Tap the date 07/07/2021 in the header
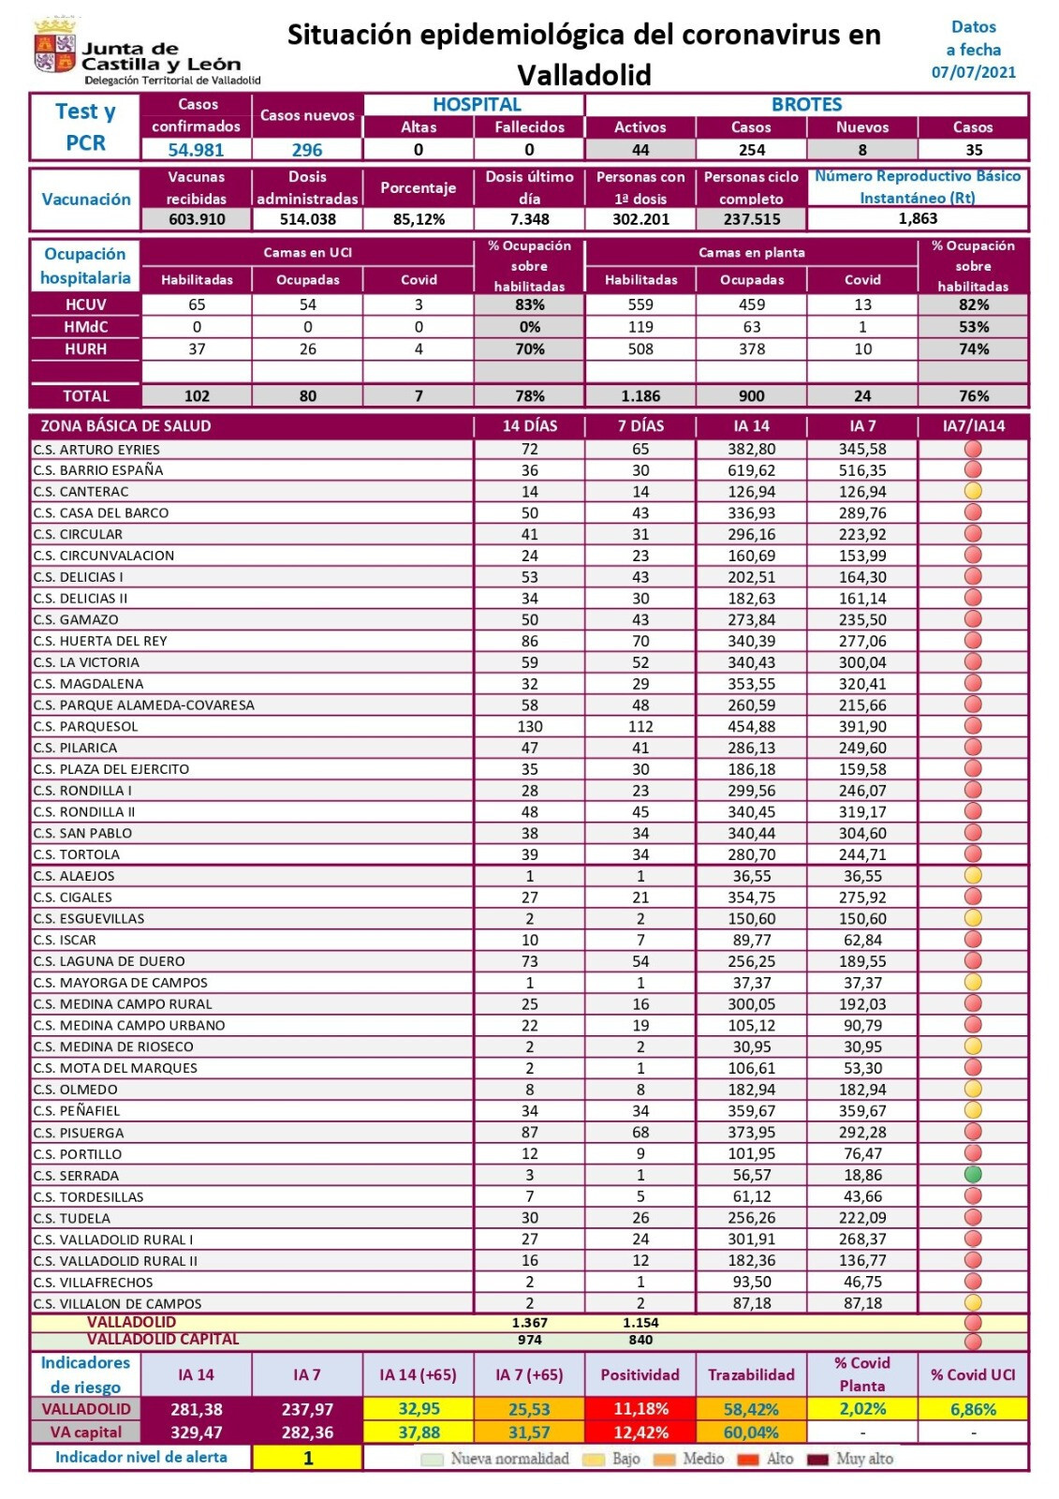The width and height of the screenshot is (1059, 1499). pyautogui.click(x=973, y=72)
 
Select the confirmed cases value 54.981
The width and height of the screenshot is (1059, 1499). pyautogui.click(x=196, y=150)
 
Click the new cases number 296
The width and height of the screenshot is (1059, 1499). pyautogui.click(x=306, y=150)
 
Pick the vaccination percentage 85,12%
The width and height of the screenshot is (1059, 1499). pyautogui.click(x=418, y=219)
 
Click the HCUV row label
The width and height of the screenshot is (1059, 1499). pyautogui.click(x=85, y=304)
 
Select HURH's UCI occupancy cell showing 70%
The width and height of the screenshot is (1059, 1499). pyautogui.click(x=529, y=349)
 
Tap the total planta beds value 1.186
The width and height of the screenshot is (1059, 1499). pyautogui.click(x=640, y=396)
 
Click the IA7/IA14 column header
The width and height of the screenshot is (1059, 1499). pyautogui.click(x=973, y=426)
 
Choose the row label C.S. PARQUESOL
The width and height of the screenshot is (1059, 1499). pyautogui.click(x=85, y=727)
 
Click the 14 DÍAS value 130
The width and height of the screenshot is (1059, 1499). pyautogui.click(x=529, y=727)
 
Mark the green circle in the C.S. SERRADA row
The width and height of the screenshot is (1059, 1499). pyautogui.click(x=973, y=1175)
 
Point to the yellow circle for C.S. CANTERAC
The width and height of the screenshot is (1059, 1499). pyautogui.click(x=973, y=492)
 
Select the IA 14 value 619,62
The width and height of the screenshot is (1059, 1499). pyautogui.click(x=751, y=470)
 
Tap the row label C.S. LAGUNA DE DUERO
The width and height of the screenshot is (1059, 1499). pyautogui.click(x=109, y=961)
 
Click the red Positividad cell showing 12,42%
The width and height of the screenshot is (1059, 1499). pyautogui.click(x=640, y=1432)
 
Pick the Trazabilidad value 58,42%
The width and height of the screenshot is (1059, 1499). pyautogui.click(x=751, y=1409)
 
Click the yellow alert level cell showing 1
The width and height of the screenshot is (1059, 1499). pyautogui.click(x=307, y=1458)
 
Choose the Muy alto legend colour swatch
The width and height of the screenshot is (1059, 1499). pyautogui.click(x=818, y=1460)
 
